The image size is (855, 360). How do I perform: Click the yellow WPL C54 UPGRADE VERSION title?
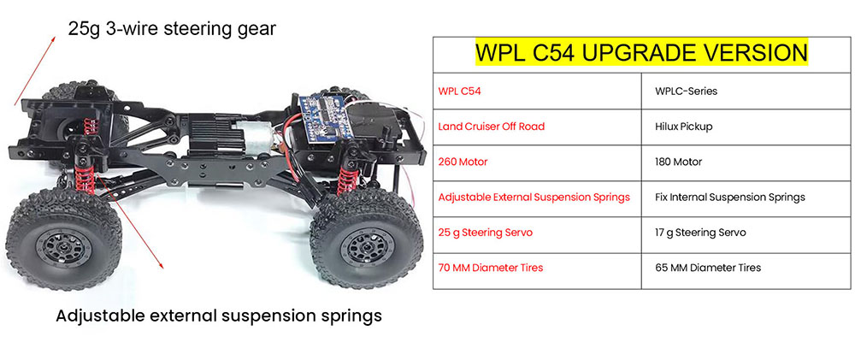pos(641,53)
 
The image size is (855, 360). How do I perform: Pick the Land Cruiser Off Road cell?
pos(491,126)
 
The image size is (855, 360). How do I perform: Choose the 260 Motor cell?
pos(463,162)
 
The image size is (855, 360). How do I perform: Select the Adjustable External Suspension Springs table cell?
pos(534,197)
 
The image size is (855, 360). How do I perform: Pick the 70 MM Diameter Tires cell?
pos(490,268)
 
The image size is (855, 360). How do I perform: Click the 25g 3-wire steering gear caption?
pos(172,29)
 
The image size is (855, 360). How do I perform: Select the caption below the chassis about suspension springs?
pos(218,316)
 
